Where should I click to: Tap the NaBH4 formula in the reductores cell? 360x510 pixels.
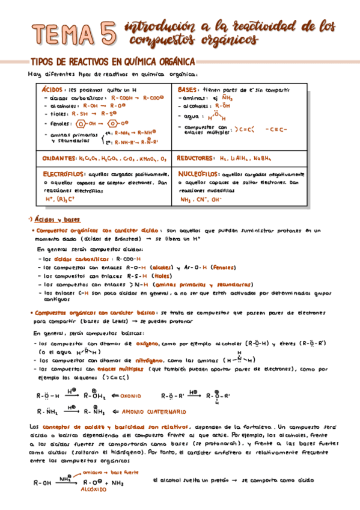[262, 159]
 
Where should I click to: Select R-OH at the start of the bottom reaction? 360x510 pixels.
[42, 483]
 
